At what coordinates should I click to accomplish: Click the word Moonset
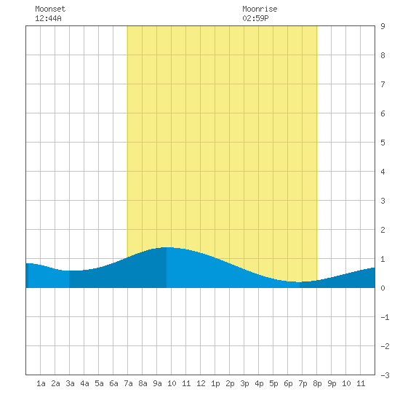(x=50, y=9)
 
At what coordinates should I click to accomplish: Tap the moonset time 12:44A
(x=48, y=18)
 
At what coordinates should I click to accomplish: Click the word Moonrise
(x=260, y=9)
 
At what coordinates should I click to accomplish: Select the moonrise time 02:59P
(x=255, y=18)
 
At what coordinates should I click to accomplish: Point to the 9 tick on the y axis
(x=383, y=26)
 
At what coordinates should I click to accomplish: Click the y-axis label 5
(x=383, y=143)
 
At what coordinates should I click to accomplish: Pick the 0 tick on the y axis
(x=383, y=288)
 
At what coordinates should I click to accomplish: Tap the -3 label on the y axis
(x=385, y=375)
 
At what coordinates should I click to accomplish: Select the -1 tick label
(x=385, y=317)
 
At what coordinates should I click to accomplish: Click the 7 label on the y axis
(x=383, y=84)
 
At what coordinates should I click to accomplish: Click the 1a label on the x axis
(x=41, y=383)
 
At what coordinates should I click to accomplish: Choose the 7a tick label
(x=128, y=383)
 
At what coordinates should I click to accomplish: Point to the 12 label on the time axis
(x=201, y=383)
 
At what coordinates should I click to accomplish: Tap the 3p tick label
(x=244, y=383)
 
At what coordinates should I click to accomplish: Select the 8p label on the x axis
(x=317, y=383)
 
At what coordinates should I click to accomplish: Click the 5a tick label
(x=99, y=383)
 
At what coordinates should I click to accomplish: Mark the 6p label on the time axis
(x=288, y=383)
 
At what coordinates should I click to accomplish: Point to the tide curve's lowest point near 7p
(x=299, y=282)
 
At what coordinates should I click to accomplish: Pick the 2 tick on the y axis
(x=383, y=230)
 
